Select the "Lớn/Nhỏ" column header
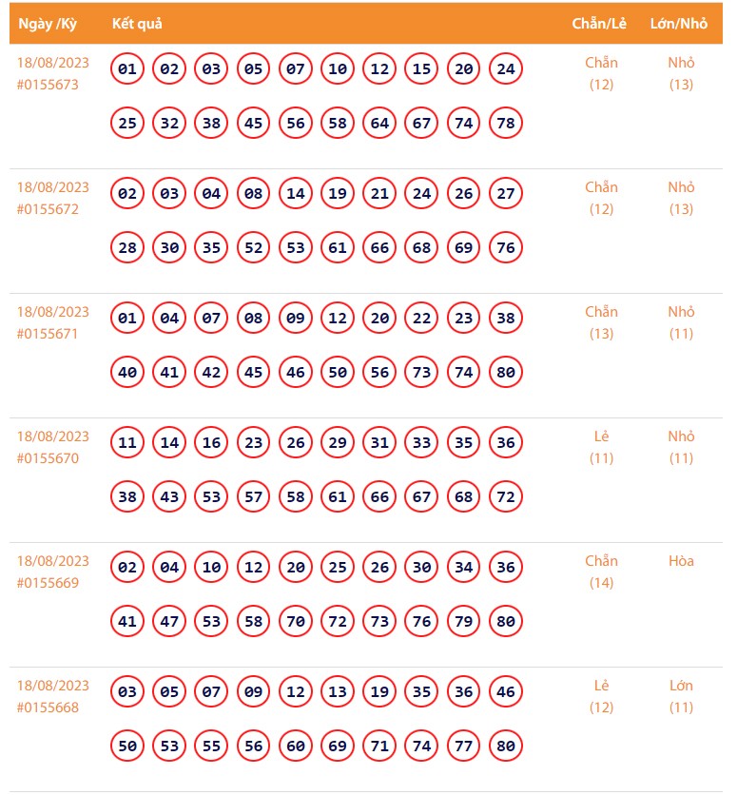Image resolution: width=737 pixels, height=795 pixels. click(679, 24)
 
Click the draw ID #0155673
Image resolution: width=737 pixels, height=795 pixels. click(48, 85)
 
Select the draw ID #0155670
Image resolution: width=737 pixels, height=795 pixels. click(48, 458)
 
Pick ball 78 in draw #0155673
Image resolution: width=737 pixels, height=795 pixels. click(506, 124)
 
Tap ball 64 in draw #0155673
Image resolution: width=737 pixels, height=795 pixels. click(379, 124)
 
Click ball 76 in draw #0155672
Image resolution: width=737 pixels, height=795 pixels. click(506, 248)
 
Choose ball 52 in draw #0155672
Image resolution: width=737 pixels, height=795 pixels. click(253, 248)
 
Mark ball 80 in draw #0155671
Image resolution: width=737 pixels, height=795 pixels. click(506, 373)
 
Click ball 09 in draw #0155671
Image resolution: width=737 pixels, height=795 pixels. click(296, 319)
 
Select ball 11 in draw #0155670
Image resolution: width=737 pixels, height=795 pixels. click(127, 443)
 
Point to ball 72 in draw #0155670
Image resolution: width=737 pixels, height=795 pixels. click(506, 497)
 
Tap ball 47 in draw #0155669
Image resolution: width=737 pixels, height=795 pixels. click(169, 622)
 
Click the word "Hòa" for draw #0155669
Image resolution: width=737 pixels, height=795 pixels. click(681, 561)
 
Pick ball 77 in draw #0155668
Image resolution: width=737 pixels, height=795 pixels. click(464, 747)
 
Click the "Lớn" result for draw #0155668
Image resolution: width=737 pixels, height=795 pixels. click(681, 686)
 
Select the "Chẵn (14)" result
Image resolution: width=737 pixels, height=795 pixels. click(601, 572)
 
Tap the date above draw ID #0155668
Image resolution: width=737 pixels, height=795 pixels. click(53, 686)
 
